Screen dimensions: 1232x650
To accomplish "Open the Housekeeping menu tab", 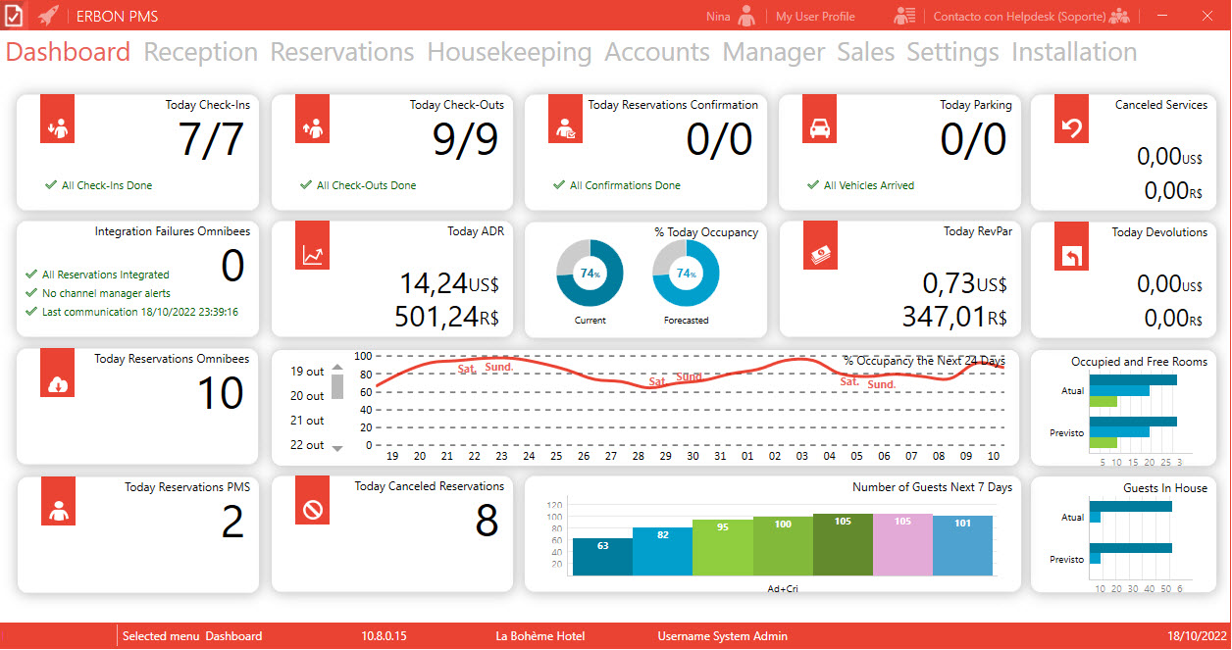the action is [x=509, y=53].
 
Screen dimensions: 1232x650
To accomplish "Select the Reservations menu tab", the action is [x=342, y=52].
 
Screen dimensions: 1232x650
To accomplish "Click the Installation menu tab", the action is [x=1074, y=52].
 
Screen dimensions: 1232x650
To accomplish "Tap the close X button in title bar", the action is [x=1207, y=16].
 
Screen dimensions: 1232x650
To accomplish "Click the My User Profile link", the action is [x=815, y=17].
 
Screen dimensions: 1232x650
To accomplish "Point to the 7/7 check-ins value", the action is [x=211, y=139].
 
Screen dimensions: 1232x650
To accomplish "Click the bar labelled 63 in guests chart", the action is [x=603, y=557].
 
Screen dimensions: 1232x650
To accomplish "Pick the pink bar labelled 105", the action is [x=902, y=544].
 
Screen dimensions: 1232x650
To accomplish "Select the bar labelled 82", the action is [x=663, y=551].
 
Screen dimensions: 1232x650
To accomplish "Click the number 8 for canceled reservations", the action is [x=487, y=521].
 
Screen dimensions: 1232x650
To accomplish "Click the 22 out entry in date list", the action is [x=307, y=445].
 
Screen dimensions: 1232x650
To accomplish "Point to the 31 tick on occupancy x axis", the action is [x=720, y=456].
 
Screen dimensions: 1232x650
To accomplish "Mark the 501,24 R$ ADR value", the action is [x=446, y=317].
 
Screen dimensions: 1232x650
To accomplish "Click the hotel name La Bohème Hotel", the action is [x=540, y=636].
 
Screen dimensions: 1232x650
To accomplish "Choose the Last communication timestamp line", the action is [x=140, y=312].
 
